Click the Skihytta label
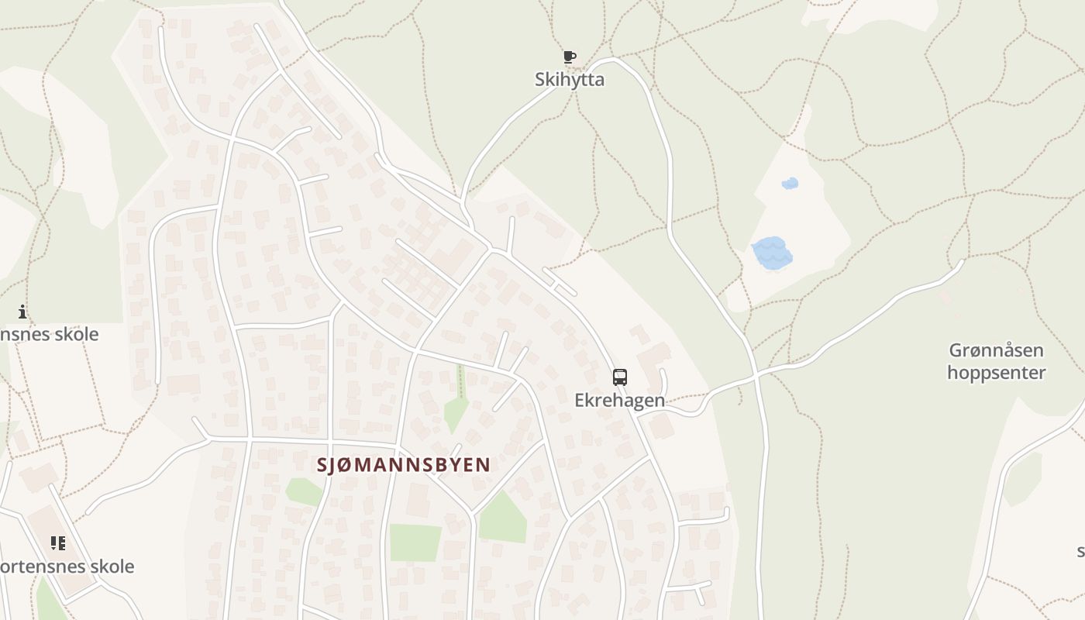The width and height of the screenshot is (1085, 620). click(x=570, y=79)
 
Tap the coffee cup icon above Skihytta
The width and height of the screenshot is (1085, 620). click(x=570, y=57)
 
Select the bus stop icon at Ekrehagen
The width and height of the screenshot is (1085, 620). click(x=620, y=377)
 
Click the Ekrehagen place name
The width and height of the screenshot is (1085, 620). click(x=619, y=400)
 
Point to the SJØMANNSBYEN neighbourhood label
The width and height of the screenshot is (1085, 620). click(x=404, y=464)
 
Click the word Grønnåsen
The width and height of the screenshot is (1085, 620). click(x=996, y=350)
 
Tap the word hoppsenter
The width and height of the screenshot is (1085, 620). click(x=996, y=372)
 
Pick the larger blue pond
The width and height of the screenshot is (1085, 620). click(x=772, y=253)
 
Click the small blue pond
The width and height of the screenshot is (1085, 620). click(x=790, y=184)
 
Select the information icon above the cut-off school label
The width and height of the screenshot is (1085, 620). click(x=22, y=312)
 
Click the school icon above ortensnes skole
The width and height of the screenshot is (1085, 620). click(x=58, y=543)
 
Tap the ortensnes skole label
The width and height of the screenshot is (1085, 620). click(x=67, y=567)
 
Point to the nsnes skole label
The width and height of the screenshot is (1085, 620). click(x=50, y=334)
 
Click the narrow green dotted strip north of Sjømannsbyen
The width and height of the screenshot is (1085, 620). click(x=462, y=381)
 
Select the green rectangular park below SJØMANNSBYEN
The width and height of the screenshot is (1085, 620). click(x=415, y=542)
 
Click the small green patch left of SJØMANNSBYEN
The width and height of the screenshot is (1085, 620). click(x=304, y=491)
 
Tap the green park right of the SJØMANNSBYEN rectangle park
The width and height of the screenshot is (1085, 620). click(x=503, y=518)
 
